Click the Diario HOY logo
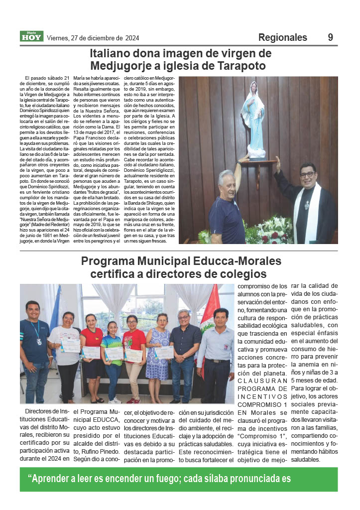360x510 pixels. [31, 36]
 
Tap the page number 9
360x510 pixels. [331, 37]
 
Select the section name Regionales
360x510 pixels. [282, 37]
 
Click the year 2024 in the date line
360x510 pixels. [132, 38]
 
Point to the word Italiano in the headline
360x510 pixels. [116, 53]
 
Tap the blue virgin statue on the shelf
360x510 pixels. [253, 120]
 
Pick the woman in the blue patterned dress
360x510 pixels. [158, 354]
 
